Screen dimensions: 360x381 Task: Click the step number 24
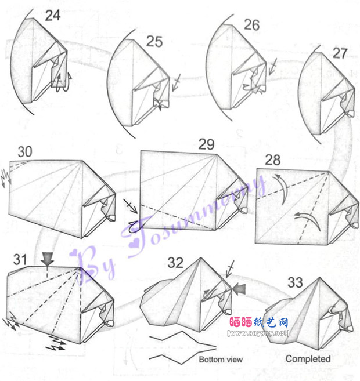tap(53, 16)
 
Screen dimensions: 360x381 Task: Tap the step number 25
tap(154, 42)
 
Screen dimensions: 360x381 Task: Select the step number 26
tap(252, 25)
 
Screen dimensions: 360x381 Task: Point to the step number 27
tap(340, 53)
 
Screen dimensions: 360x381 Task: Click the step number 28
tap(273, 160)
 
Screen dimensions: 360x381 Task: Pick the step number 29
tap(207, 144)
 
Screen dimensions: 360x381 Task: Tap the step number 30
tap(25, 151)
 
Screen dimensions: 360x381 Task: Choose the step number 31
tap(20, 259)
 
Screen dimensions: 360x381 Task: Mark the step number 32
tap(175, 263)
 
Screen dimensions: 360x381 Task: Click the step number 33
tap(296, 282)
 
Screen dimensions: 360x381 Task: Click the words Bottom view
tap(221, 360)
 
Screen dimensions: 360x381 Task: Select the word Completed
tap(308, 359)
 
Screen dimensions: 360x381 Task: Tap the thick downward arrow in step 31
tap(48, 259)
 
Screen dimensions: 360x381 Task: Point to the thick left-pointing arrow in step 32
tap(239, 289)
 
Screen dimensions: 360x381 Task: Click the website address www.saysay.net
tap(258, 333)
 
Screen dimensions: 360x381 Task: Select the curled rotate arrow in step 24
tap(63, 82)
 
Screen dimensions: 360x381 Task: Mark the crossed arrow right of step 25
tap(176, 82)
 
